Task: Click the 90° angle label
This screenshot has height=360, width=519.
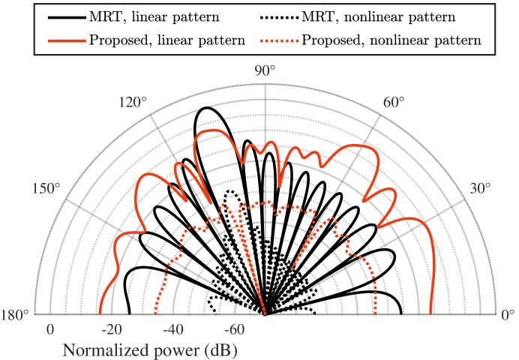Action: pos(265,70)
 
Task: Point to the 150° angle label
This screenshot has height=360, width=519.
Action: pos(46,188)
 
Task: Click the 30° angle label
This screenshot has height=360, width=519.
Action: pos(483,188)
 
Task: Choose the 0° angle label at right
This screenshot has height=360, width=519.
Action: pos(508,314)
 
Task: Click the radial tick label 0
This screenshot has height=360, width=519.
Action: pos(49,330)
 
